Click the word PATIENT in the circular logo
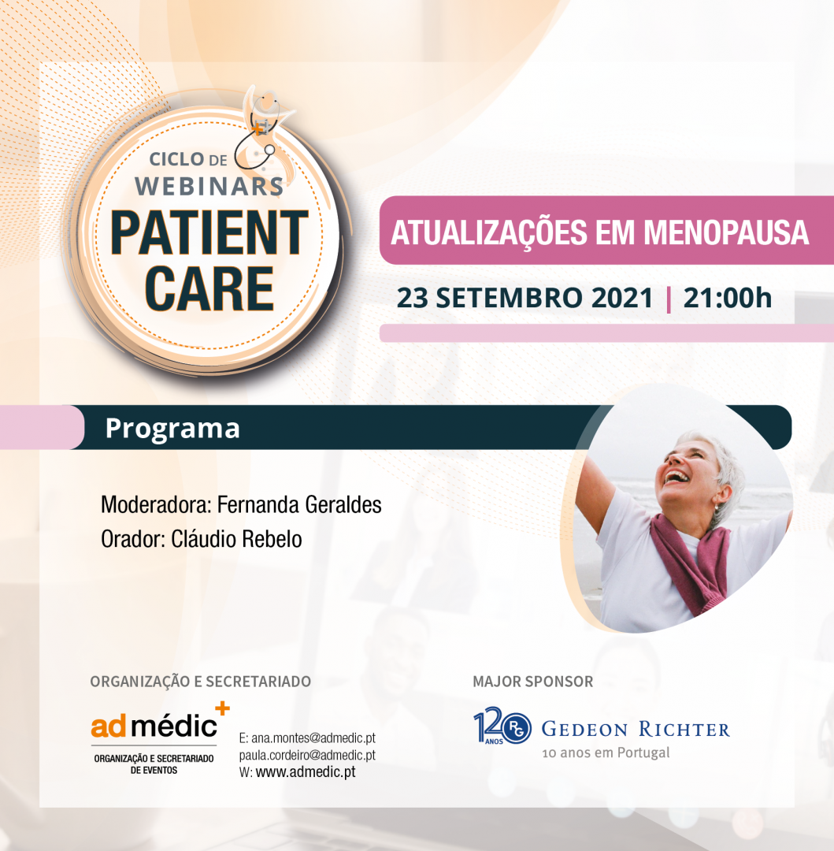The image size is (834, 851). coord(209,232)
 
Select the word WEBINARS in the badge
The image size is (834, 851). coord(209,187)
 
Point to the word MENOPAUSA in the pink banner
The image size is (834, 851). coord(726,232)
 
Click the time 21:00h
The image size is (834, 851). coord(727,298)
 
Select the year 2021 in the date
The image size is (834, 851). coord(622,298)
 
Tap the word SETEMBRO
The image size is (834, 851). coord(509,298)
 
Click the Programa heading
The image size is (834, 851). coord(172,428)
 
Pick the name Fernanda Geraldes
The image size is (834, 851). coord(299,505)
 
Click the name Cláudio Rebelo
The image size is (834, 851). coord(236,539)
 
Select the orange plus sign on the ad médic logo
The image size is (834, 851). coord(222,708)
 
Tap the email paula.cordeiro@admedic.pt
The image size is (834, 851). coord(307,755)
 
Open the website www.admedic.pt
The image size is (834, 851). coord(306,771)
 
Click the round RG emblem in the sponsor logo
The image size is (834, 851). coord(517,729)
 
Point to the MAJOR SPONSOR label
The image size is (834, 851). coord(533,682)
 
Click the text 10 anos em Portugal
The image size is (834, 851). coord(606,753)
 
